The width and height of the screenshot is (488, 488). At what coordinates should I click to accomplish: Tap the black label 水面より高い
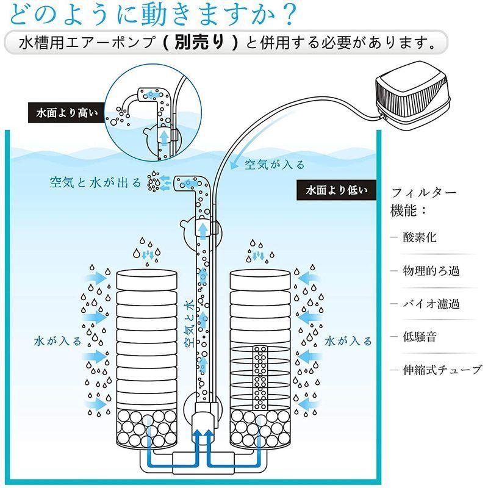coord(62,113)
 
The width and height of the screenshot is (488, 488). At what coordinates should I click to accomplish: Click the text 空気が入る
coord(274,165)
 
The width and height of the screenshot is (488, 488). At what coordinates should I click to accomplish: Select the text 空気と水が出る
coord(95,182)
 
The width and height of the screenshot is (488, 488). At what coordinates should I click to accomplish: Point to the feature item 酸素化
coord(419,237)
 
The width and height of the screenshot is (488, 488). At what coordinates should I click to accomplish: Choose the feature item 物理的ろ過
coord(431,270)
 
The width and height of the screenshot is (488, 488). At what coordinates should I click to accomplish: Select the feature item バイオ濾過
coord(431,303)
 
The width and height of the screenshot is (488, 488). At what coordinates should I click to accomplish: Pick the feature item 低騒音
coord(419,336)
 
